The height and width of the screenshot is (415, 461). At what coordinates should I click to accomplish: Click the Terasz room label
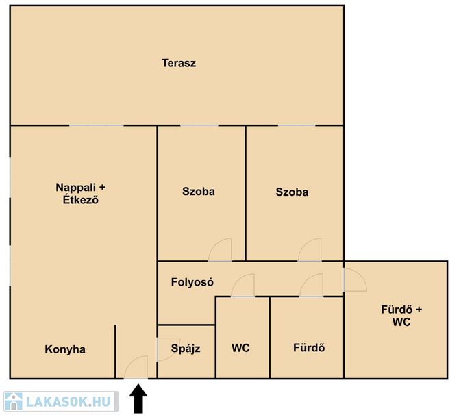coord(179,63)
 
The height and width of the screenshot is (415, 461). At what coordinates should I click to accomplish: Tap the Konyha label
coord(65,349)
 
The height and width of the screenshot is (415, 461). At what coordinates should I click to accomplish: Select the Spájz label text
coord(186,349)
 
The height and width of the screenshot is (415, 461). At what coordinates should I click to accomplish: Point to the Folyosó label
coord(192,282)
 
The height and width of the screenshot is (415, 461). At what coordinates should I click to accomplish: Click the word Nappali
coord(76,188)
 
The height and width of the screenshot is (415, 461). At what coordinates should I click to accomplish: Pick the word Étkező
coord(81,200)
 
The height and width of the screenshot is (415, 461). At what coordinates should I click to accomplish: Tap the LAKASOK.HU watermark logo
coord(61,401)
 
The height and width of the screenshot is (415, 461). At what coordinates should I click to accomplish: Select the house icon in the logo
coord(14,401)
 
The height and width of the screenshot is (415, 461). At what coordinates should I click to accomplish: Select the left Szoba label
coord(199,192)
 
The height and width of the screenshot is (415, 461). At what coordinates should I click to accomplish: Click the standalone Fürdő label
coord(309,348)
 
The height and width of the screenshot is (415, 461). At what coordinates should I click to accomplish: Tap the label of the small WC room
coord(240,348)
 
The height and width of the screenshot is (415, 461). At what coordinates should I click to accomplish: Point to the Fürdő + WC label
coord(401,316)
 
